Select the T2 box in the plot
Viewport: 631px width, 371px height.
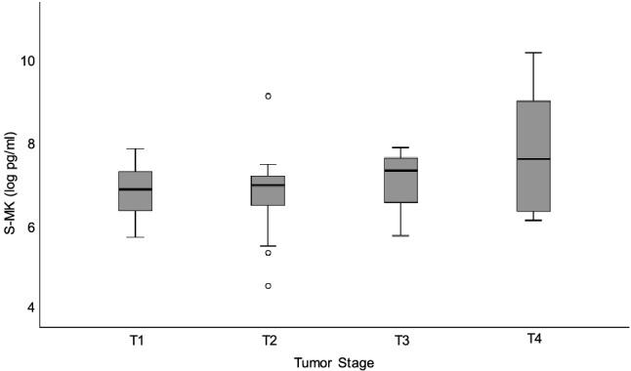coord(268,190)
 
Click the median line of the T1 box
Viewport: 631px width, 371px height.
coord(135,189)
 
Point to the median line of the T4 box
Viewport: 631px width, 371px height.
coord(533,159)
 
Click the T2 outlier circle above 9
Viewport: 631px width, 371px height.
coord(268,96)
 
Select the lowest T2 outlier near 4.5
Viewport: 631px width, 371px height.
coord(268,286)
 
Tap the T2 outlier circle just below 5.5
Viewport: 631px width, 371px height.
coord(268,253)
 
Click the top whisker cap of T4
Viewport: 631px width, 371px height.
coord(533,53)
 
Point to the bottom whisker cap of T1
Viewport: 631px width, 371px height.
coord(135,237)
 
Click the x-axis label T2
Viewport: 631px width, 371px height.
coord(268,340)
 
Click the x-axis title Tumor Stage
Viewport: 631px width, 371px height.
coord(334,361)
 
